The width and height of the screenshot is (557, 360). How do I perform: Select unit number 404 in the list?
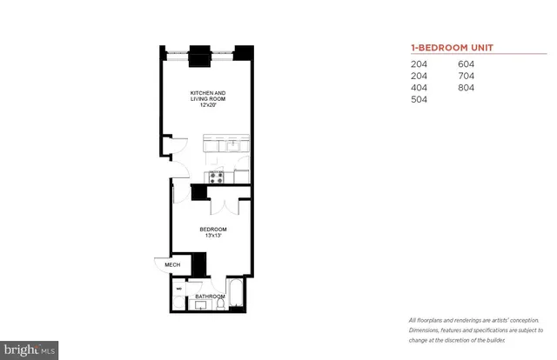[420, 88]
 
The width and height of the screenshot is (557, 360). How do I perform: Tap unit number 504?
[420, 100]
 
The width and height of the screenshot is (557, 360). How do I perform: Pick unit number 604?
[467, 63]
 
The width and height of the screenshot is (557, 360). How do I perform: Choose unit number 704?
[467, 76]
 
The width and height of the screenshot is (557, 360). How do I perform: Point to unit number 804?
[467, 88]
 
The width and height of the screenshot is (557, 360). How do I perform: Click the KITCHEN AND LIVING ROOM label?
[209, 97]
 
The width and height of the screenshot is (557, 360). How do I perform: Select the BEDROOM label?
[212, 229]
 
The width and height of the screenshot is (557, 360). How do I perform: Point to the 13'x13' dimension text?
[212, 236]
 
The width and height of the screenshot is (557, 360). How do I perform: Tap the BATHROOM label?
[210, 296]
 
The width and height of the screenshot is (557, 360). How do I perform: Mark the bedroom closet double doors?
[224, 207]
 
